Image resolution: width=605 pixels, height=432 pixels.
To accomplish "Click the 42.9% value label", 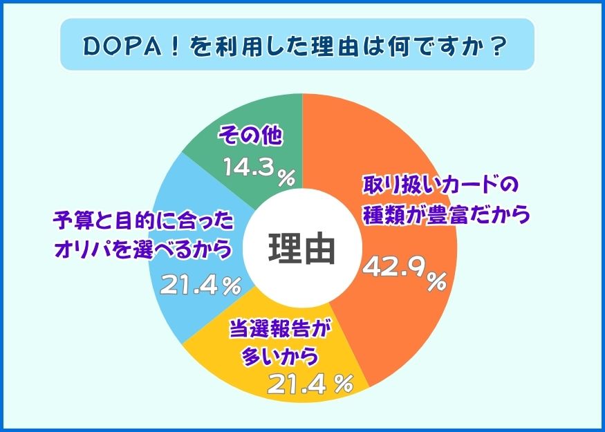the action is [x=404, y=273].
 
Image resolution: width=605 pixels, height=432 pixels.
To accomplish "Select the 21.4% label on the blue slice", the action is [x=201, y=285].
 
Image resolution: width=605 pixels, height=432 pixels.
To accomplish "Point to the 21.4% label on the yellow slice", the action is [x=310, y=384].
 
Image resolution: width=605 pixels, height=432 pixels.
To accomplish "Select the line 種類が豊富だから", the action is [x=446, y=215].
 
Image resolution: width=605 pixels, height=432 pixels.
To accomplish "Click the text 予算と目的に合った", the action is [x=143, y=222].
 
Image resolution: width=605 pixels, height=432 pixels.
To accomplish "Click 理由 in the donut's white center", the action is [x=301, y=249].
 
